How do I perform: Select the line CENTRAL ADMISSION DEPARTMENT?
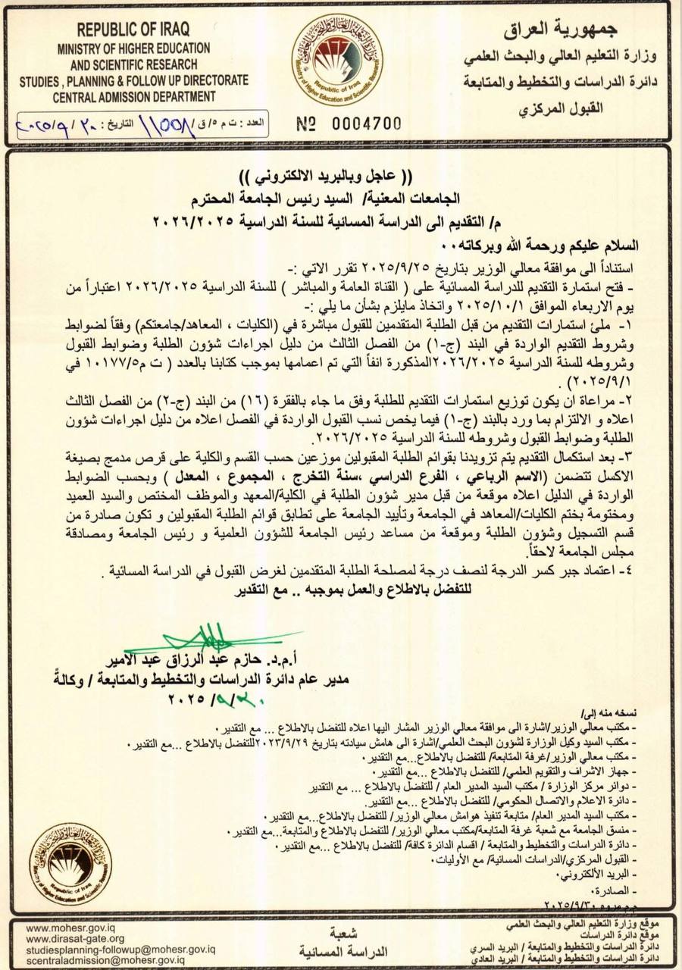134,97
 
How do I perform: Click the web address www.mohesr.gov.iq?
70,928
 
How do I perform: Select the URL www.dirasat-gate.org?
75,938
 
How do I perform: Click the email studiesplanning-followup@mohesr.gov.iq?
120,949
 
